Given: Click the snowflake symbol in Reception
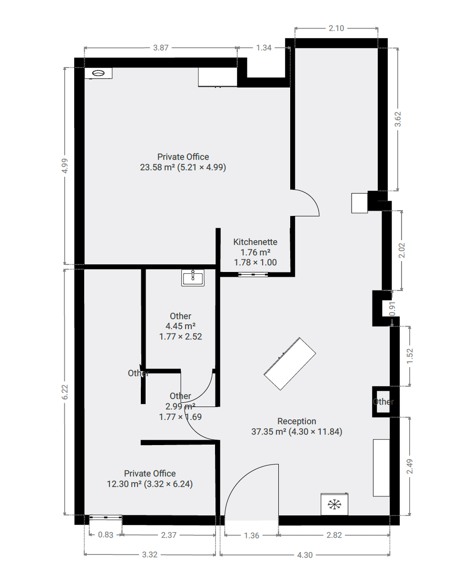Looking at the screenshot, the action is pos(334,505).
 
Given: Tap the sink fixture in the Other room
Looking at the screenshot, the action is pos(193,278).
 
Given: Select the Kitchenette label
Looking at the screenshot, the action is pos(255,242).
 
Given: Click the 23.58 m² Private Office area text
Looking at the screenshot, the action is pos(183,167).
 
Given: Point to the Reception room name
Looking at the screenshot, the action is pos(297,421).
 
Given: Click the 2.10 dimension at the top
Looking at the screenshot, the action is pos(336,28).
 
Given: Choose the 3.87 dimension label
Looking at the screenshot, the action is pos(161,48).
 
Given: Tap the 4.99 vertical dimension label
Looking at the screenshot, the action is pos(65,166).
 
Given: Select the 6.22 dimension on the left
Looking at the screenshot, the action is pos(65,392).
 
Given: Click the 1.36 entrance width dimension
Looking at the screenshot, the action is pos(252,536).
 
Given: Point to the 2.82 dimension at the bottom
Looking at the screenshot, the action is pos(334,535).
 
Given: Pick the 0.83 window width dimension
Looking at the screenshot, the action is pos(106,534).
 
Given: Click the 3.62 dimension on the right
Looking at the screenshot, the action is pos(398,119).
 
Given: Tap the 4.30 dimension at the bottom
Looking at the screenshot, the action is pos(304,555).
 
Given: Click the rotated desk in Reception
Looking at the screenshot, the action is pos(290,364).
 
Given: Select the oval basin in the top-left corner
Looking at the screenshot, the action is pos(98,73).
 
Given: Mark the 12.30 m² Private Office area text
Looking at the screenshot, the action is pos(150,484).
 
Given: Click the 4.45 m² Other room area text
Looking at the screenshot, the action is pos(180,326).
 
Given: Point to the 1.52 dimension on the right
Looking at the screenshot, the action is pos(410,356).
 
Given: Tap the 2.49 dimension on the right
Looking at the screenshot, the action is pos(410,466).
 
